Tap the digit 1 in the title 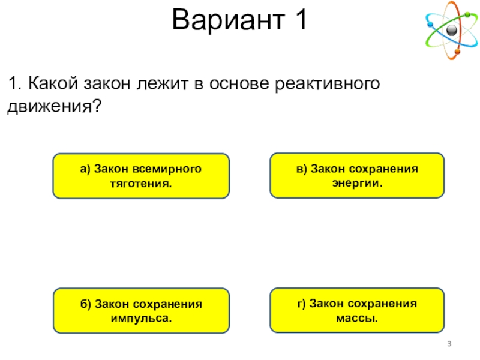click(298, 21)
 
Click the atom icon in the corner click(451, 30)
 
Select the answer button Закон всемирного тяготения click(141, 175)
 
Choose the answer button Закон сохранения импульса click(141, 310)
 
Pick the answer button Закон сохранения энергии click(357, 175)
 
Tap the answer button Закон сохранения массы click(357, 310)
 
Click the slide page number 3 click(449, 343)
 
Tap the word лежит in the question click(161, 84)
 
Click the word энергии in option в click(357, 181)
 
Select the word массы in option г click(357, 316)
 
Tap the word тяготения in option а click(141, 182)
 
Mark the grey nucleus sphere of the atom click(452, 29)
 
